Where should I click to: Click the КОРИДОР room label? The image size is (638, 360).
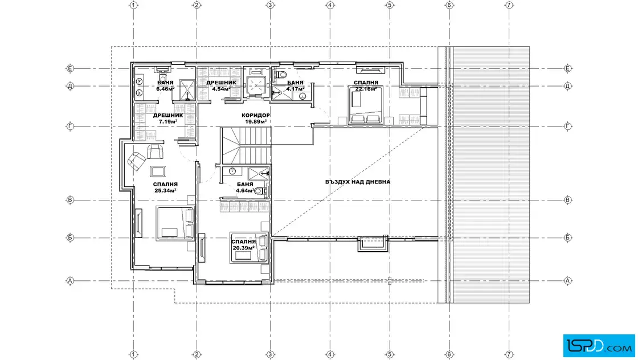(x=256, y=116)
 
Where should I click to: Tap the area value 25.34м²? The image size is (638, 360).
(x=165, y=190)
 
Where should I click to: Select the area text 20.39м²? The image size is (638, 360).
(x=244, y=248)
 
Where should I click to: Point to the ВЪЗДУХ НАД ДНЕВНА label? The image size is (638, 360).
(x=358, y=182)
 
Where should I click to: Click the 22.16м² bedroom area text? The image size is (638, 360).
(x=366, y=89)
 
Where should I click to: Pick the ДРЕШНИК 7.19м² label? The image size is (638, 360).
(x=168, y=118)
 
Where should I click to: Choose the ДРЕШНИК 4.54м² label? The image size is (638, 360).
(x=221, y=86)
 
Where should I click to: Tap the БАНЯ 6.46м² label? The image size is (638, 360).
(x=165, y=86)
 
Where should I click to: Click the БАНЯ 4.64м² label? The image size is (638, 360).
(x=245, y=187)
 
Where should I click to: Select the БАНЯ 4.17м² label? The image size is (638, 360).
(x=295, y=86)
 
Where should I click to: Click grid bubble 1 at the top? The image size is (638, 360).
(x=133, y=5)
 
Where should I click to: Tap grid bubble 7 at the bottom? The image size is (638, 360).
(x=509, y=355)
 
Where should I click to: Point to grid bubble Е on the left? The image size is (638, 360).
(x=70, y=68)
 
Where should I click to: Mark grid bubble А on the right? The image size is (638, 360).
(x=568, y=281)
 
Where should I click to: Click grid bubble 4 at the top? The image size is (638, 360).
(x=330, y=5)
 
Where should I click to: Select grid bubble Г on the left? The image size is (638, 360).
(x=70, y=126)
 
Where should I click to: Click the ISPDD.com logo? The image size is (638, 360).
(x=599, y=346)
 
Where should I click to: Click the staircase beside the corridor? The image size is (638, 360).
(x=246, y=145)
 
